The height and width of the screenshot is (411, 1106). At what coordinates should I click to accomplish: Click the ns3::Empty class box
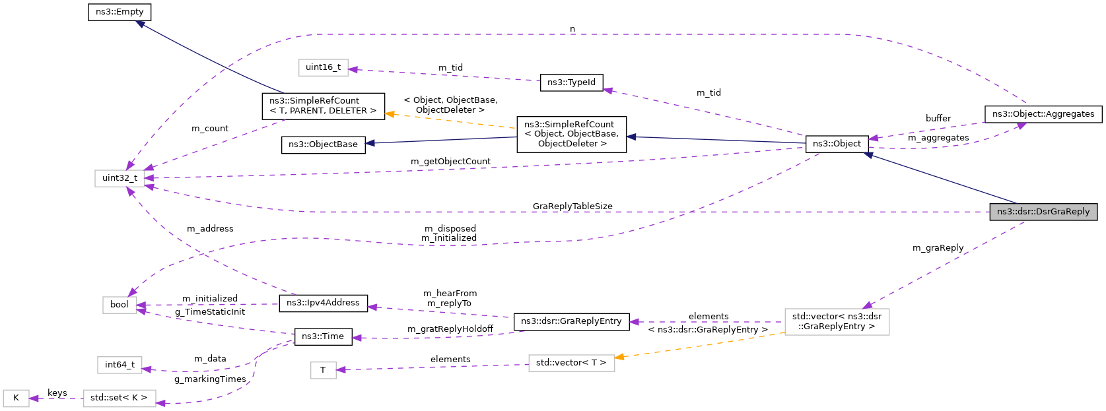coord(120,12)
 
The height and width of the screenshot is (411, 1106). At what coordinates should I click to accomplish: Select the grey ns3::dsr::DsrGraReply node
coord(1043,212)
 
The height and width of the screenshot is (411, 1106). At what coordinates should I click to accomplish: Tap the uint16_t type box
coord(323,67)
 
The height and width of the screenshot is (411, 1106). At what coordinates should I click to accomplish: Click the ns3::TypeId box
coord(571,82)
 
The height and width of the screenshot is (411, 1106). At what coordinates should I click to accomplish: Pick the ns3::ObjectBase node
coord(323,144)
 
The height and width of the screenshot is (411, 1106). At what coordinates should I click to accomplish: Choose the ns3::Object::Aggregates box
coord(1043,114)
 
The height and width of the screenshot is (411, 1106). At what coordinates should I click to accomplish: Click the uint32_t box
coord(120,178)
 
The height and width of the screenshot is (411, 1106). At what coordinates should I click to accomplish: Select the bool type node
coord(120,305)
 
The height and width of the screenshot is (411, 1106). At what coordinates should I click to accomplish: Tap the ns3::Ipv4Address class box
coord(323,303)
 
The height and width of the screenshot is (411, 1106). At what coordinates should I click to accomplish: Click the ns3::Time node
coord(322,336)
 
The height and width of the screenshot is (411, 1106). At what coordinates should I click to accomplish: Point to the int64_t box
coord(120,365)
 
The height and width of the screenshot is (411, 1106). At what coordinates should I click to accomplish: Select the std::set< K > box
coord(120,398)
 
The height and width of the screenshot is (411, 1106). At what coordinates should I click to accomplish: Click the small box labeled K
coord(16,398)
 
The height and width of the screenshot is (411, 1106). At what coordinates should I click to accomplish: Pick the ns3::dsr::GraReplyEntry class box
coord(571,321)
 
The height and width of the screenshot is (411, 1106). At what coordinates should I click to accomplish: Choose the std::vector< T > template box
coord(571,363)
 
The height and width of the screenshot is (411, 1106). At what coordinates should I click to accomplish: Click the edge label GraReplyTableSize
coord(572,206)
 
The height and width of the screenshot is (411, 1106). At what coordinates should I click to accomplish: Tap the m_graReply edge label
coord(938,248)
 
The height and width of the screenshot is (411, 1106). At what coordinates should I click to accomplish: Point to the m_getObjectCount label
coord(450,162)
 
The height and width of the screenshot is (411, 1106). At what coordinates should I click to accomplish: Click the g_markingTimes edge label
coord(210,379)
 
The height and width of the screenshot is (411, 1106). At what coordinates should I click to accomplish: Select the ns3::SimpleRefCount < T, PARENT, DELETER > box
coord(323,106)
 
